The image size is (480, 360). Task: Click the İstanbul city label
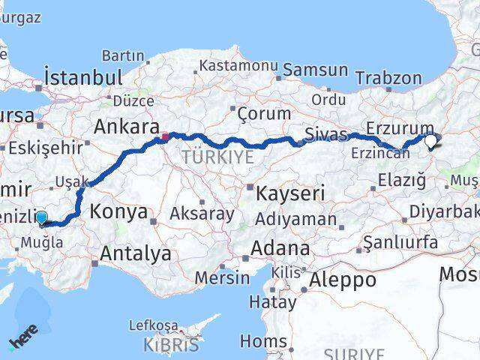pos(82,77)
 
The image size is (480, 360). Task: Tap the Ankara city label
pos(125,126)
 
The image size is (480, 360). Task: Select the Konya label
pos(121,211)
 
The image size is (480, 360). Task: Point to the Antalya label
pos(135,254)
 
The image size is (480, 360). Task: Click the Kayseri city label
pos(290,193)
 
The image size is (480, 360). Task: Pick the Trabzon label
pos(388,78)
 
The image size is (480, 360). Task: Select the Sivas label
pos(325,135)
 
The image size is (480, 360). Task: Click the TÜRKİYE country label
pos(218,157)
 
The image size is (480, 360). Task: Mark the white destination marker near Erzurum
pos(431,139)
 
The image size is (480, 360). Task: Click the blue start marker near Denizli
pos(41,218)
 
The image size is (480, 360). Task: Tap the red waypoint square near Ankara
pos(165,137)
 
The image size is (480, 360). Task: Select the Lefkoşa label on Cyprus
pos(154,325)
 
